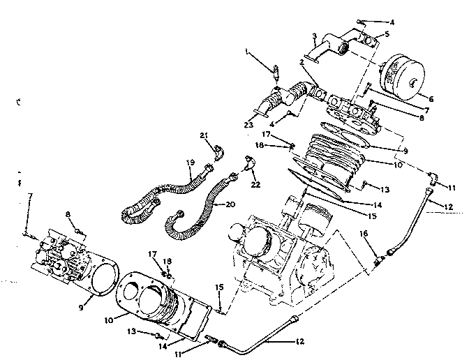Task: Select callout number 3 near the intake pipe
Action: [315, 36]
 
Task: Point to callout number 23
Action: [249, 126]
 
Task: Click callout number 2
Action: [301, 62]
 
